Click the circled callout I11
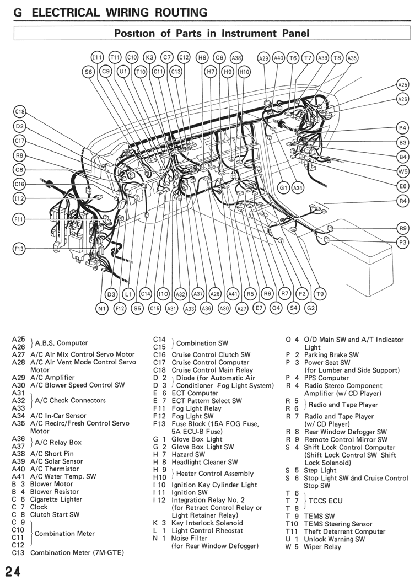click(97, 57)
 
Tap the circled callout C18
click(19, 112)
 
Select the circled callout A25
click(402, 85)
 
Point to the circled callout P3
click(402, 243)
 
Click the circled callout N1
click(102, 308)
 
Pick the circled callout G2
click(311, 308)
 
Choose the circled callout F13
click(19, 249)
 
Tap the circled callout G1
click(284, 188)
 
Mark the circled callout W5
click(402, 171)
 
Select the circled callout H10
click(244, 72)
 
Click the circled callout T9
click(320, 294)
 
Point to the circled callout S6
click(88, 72)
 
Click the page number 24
click(13, 572)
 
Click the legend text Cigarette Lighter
click(56, 499)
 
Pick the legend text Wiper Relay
click(322, 547)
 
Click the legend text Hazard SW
click(189, 454)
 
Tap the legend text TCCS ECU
click(325, 501)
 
